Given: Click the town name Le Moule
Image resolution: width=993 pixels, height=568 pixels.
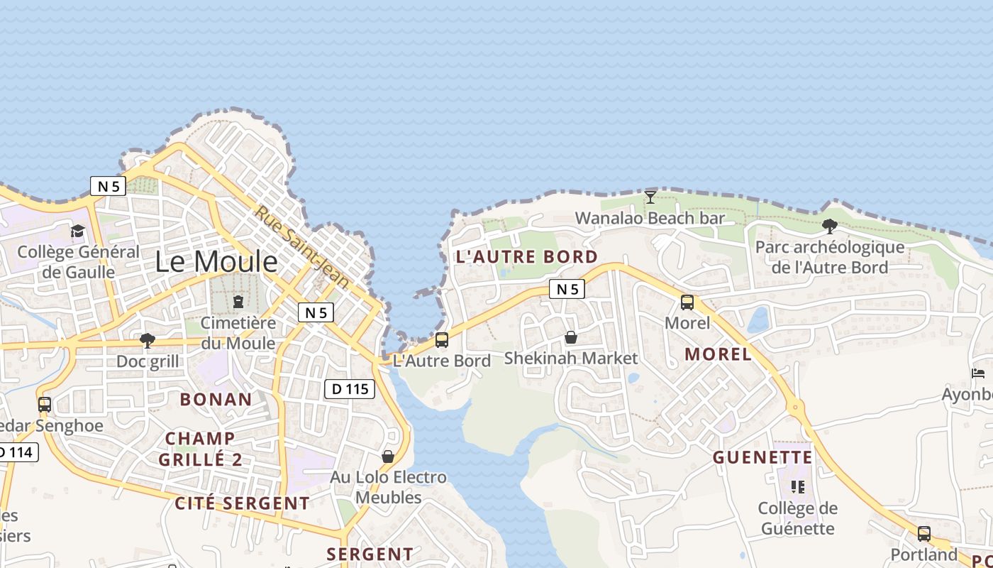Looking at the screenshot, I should (x=216, y=262).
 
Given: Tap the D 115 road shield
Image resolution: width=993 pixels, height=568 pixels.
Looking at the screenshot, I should (x=350, y=389).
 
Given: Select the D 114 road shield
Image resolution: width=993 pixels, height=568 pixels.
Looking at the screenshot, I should (x=16, y=452).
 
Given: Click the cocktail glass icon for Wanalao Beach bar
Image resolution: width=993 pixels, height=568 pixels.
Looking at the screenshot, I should (x=650, y=197).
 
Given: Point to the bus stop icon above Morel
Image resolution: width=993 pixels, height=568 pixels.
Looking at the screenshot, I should (x=687, y=302).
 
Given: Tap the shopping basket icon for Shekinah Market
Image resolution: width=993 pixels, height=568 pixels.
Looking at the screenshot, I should (x=571, y=337).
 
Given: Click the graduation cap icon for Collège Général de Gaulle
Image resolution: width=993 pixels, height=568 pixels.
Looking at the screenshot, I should (x=78, y=231).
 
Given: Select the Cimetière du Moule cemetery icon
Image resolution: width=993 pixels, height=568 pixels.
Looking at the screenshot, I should (x=238, y=302).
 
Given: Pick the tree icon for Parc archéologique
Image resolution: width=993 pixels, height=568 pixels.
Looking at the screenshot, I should (x=829, y=226).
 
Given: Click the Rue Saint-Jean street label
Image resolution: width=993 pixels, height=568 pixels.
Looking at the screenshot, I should (x=303, y=247).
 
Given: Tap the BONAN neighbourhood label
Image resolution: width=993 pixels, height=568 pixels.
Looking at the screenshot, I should (x=216, y=400).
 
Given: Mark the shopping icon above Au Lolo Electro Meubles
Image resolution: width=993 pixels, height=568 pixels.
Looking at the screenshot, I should (x=388, y=457).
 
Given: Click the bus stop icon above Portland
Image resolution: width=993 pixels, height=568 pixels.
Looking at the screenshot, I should (x=923, y=533).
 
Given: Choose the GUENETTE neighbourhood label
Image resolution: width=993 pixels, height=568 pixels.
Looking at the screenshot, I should (x=762, y=457).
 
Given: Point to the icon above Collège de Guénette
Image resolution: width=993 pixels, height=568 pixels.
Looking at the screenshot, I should (x=798, y=487).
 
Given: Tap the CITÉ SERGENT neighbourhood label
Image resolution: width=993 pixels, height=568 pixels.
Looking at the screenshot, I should (x=242, y=504).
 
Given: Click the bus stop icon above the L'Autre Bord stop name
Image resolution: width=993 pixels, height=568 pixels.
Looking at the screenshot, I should (x=442, y=340).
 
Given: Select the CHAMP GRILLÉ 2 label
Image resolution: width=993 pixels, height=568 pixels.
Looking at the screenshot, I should (x=200, y=449).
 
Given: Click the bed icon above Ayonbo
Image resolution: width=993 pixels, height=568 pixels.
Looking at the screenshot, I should (x=978, y=373).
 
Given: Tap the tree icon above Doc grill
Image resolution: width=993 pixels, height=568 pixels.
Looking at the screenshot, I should (x=148, y=341).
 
